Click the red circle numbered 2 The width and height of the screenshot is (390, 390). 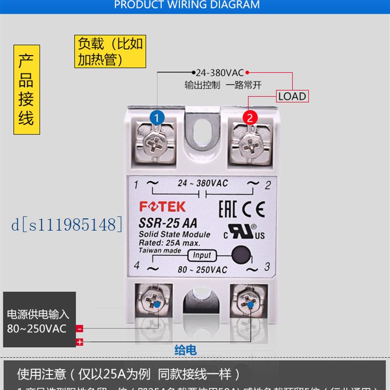(250, 117)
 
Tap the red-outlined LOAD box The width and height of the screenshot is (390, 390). (292, 96)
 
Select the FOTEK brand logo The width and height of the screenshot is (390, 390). (162, 206)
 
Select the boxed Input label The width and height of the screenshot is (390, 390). (202, 255)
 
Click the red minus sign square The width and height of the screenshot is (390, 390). (79, 329)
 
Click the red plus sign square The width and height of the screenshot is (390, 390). (79, 342)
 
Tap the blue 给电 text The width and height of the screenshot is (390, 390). (186, 350)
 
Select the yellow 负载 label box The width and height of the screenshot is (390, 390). (111, 51)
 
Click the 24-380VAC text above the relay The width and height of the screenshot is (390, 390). (220, 73)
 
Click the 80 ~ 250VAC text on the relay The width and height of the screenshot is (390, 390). (203, 270)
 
